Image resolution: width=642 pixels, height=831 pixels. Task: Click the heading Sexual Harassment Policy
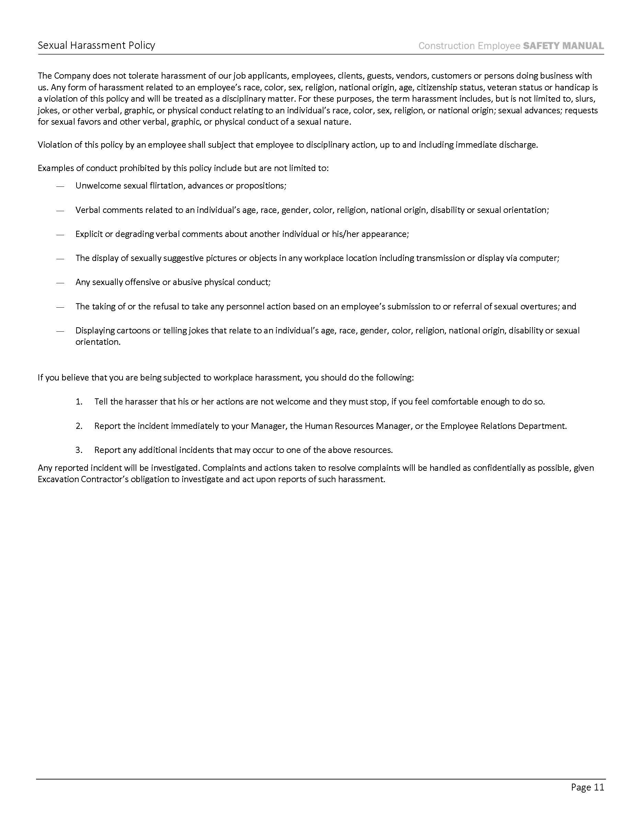pos(96,45)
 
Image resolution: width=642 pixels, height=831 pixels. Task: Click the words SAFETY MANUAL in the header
pos(563,46)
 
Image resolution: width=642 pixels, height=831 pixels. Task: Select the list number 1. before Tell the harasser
pos(79,402)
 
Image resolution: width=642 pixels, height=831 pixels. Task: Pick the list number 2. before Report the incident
pos(79,426)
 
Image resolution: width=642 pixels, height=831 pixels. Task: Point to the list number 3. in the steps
pos(79,450)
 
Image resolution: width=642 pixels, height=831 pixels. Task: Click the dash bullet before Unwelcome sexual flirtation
pos(60,186)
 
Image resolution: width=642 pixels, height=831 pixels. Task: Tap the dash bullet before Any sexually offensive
pos(60,283)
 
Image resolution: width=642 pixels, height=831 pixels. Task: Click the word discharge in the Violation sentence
pos(519,145)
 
